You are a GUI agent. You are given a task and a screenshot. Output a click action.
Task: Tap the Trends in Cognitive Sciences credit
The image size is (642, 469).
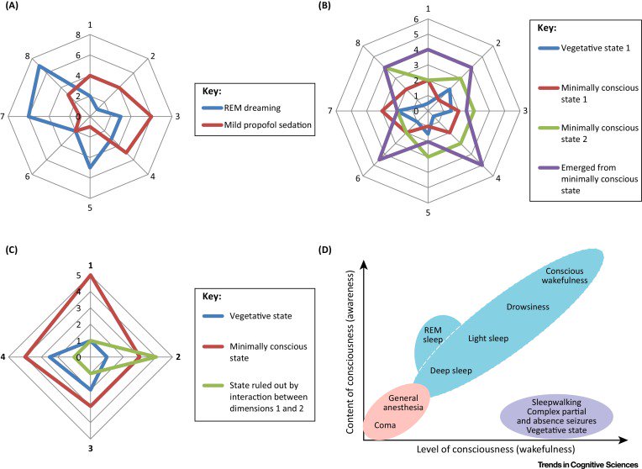coord(587,463)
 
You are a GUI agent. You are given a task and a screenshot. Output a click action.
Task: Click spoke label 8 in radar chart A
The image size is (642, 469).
coord(29,55)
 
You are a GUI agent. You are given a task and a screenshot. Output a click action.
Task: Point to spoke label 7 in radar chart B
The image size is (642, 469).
coord(331,110)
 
